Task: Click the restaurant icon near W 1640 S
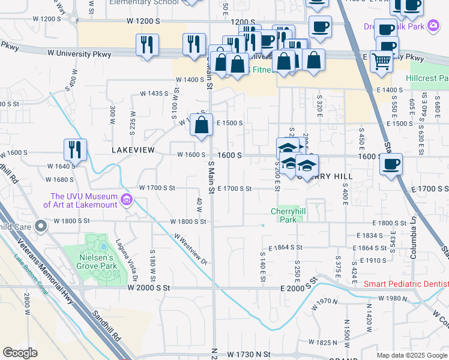click(75, 149)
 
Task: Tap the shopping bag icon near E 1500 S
click(202, 124)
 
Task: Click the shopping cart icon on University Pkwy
click(382, 61)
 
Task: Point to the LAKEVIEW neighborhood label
click(133, 149)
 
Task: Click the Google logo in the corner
click(20, 353)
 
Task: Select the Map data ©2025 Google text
click(412, 355)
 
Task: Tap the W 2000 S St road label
click(149, 288)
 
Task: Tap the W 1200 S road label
click(144, 20)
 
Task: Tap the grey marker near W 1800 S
click(40, 226)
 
